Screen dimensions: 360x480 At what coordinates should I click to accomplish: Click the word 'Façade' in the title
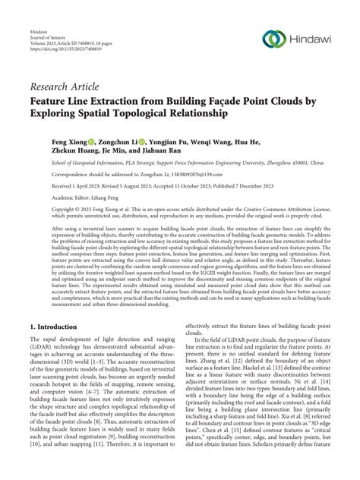[245, 102]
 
